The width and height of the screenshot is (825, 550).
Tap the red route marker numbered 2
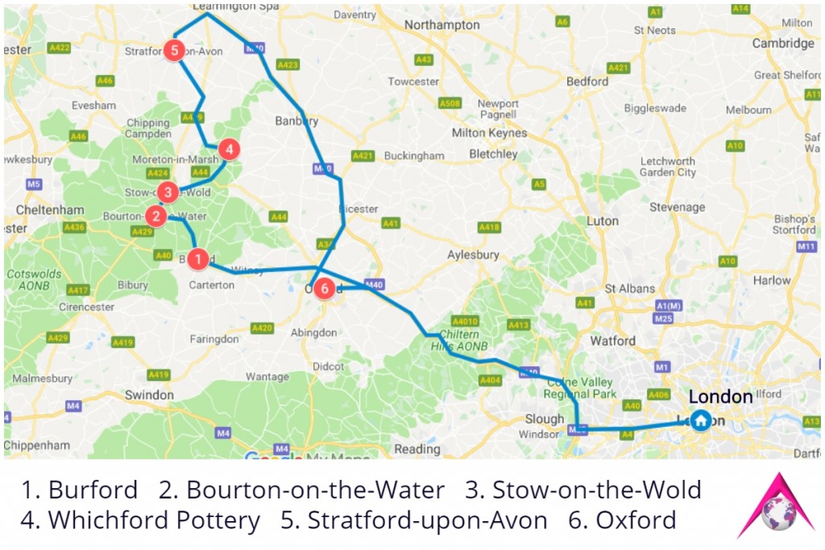point(155,215)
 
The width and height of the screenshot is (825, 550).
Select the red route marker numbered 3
point(168,192)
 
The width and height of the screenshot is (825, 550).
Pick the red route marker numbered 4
point(230,149)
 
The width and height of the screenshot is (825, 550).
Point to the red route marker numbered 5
point(175,50)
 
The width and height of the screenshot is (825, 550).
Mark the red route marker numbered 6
point(324,288)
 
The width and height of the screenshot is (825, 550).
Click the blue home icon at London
point(701,420)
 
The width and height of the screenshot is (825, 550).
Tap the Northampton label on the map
point(442,26)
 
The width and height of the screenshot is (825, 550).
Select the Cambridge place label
point(782,43)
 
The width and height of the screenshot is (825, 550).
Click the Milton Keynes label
point(489,133)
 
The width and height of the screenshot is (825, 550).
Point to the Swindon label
point(149,395)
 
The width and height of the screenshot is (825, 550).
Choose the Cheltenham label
point(49,210)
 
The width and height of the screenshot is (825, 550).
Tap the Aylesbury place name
point(473,255)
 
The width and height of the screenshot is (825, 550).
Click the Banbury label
point(296,122)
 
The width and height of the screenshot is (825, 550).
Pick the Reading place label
point(417,449)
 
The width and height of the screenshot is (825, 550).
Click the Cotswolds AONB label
point(34,279)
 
